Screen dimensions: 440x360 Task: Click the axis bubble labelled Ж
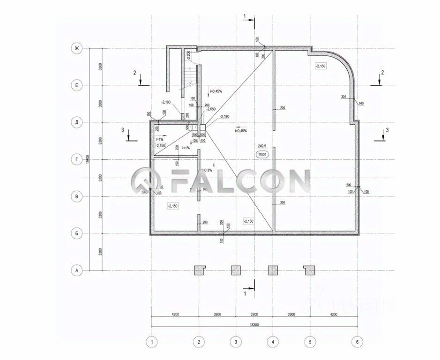click(x=75, y=48)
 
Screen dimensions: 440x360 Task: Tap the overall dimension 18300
click(x=254, y=324)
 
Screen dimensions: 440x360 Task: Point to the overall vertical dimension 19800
click(x=88, y=160)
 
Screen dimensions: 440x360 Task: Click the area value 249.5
click(x=262, y=146)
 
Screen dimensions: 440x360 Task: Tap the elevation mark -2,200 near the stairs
click(x=188, y=56)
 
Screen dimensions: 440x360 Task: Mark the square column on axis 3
click(x=236, y=270)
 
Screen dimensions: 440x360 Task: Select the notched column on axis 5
click(x=309, y=270)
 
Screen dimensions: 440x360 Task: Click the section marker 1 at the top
click(x=245, y=16)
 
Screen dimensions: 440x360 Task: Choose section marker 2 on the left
click(x=134, y=73)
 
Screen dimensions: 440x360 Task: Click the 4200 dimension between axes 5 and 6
click(x=333, y=314)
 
